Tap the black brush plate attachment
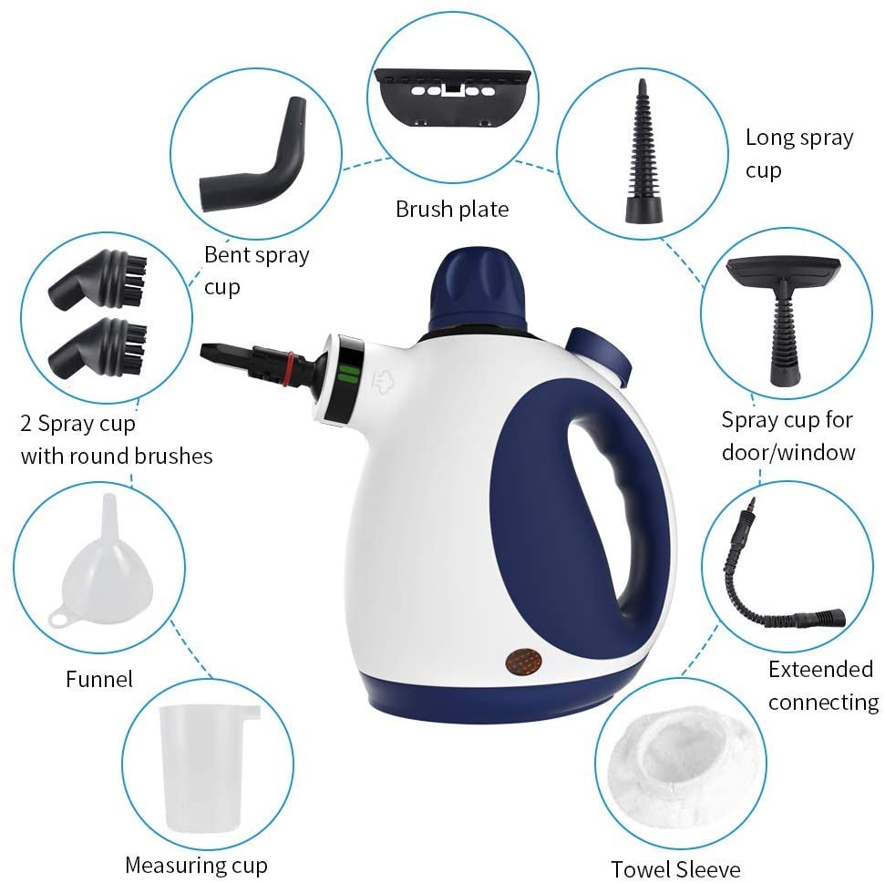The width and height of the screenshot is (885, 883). pos(453,97)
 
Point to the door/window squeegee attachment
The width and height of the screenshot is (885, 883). pos(784,316)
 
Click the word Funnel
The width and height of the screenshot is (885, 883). pos(99,679)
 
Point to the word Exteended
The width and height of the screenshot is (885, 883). pos(820,669)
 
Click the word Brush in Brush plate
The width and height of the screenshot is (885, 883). pos(424,210)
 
